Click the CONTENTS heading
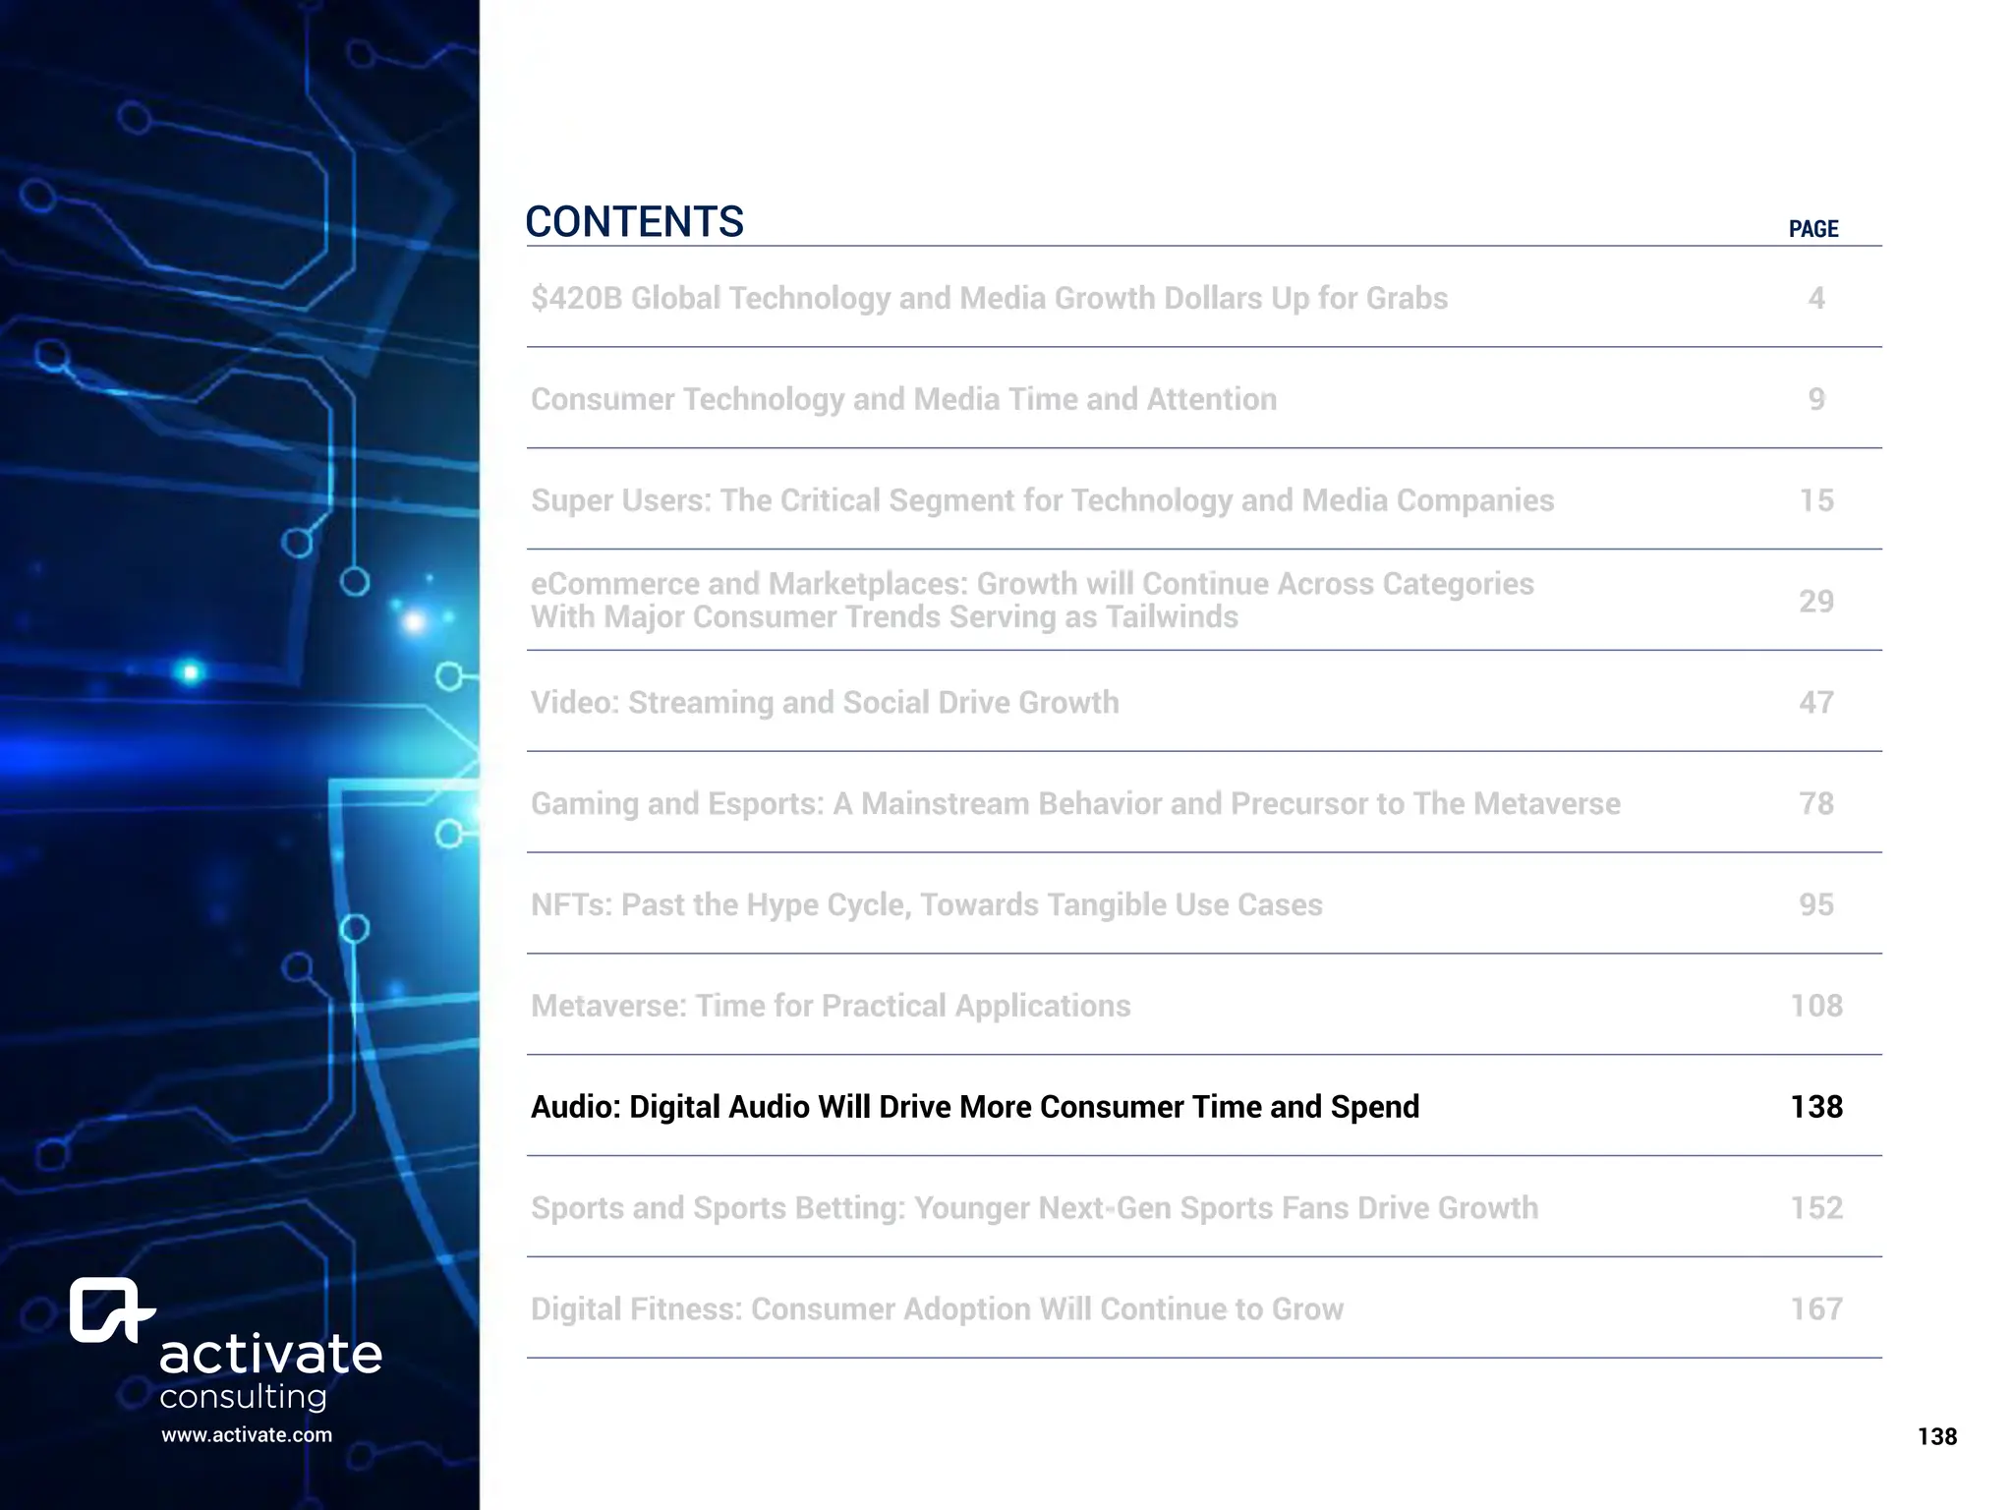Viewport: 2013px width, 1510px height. click(x=634, y=222)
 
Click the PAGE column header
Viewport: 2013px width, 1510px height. click(x=1812, y=229)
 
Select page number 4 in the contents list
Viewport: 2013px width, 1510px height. click(x=1815, y=298)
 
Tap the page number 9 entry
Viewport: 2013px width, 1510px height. click(x=1815, y=399)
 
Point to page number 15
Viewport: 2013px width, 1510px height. click(x=1815, y=500)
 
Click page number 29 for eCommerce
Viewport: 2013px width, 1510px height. click(x=1815, y=601)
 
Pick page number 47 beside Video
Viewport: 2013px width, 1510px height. click(x=1815, y=702)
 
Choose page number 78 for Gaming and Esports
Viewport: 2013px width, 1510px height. click(x=1815, y=803)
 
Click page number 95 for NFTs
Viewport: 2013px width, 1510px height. click(x=1815, y=904)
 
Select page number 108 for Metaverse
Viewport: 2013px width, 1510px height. click(x=1815, y=1006)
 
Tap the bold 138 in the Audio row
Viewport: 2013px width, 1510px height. click(x=1815, y=1107)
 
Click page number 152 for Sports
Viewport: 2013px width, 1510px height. click(x=1815, y=1208)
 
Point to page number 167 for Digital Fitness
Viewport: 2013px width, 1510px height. click(x=1815, y=1309)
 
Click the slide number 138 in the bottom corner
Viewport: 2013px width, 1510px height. click(x=1936, y=1437)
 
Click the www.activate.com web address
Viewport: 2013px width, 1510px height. click(x=247, y=1435)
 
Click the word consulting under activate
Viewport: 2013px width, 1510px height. click(x=243, y=1397)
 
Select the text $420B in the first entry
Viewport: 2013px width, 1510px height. click(x=576, y=298)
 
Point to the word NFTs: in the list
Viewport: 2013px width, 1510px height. click(x=571, y=904)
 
